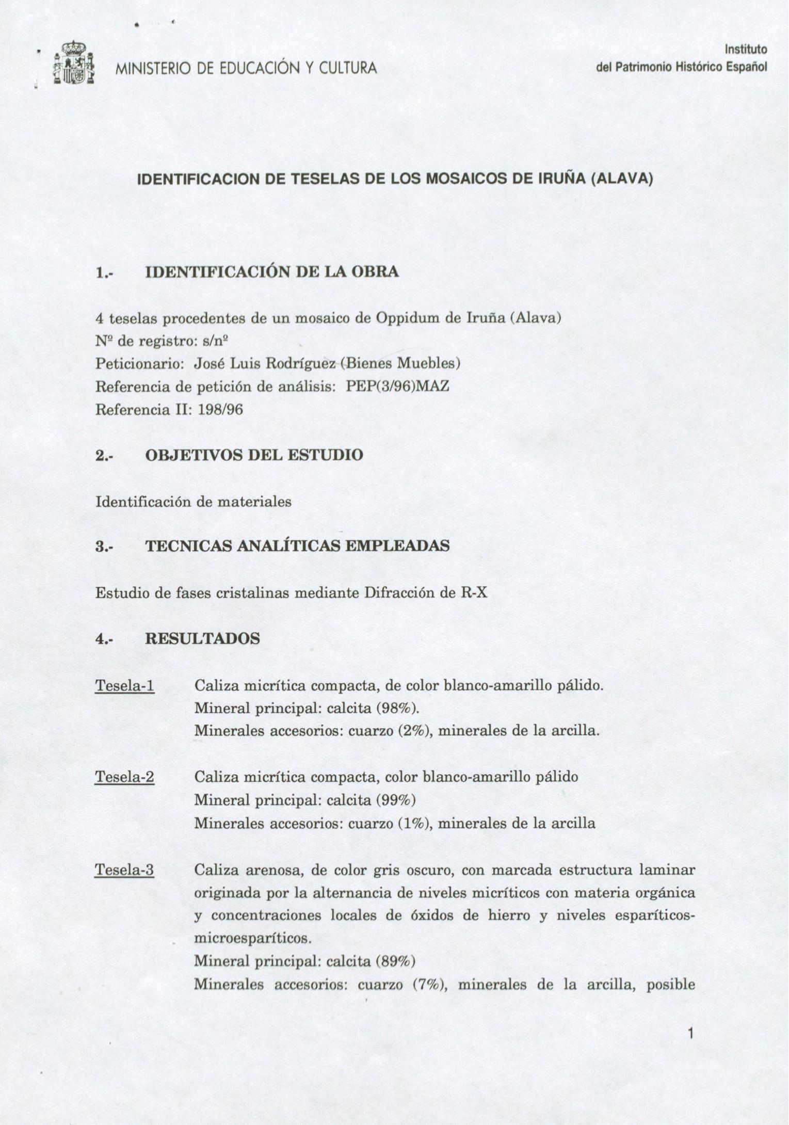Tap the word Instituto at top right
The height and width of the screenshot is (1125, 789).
[746, 50]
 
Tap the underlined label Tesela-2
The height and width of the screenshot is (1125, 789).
[125, 777]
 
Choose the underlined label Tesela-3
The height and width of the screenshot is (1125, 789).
[125, 870]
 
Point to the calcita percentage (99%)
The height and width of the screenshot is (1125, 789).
[396, 800]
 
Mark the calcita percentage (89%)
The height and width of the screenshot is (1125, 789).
[396, 961]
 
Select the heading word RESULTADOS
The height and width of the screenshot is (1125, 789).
[202, 638]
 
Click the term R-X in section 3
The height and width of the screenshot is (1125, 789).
[474, 592]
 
